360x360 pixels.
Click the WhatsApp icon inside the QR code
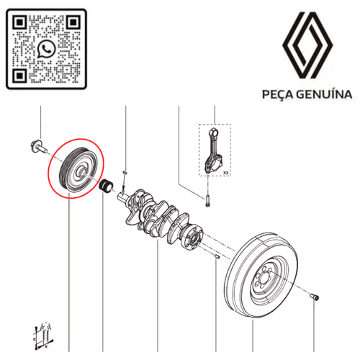46,49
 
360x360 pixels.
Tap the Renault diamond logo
307,45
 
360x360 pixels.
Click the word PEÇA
278,94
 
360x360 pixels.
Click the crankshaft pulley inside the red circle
78,169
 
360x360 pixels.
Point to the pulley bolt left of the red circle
38,147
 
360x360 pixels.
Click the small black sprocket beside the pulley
106,186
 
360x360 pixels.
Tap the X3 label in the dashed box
225,173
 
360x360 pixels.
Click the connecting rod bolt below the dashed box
207,201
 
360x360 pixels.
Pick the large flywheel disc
261,275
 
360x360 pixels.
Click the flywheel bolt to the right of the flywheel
315,297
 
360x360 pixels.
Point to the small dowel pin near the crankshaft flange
217,256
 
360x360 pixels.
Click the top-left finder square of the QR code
19,22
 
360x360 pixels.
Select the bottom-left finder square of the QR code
19,76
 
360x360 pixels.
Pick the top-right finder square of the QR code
73,22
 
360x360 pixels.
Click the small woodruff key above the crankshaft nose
125,172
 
